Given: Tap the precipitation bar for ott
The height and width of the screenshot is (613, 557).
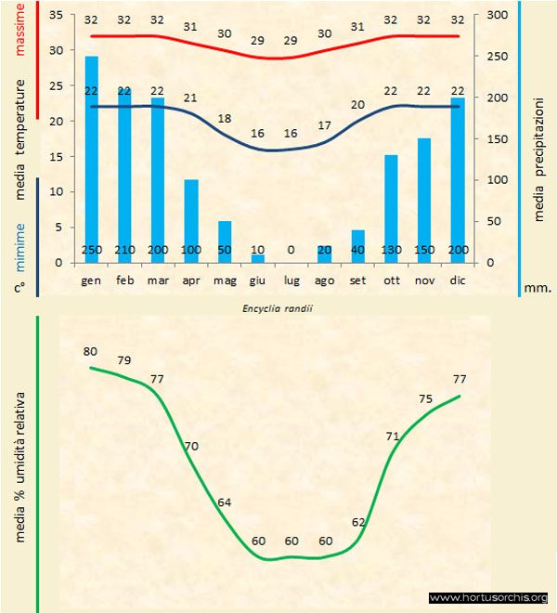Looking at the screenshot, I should pyautogui.click(x=391, y=208).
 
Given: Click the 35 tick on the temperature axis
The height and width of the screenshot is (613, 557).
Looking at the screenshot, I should pyautogui.click(x=55, y=16).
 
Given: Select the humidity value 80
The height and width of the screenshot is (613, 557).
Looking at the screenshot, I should pyautogui.click(x=90, y=351).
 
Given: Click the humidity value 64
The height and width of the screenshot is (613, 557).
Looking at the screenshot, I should pyautogui.click(x=224, y=502).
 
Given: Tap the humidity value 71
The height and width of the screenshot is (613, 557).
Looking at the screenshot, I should pyautogui.click(x=393, y=436).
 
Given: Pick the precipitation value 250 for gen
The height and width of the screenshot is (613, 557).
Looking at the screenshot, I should pyautogui.click(x=92, y=251).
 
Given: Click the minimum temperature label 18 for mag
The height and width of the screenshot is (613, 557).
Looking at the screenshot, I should pyautogui.click(x=225, y=119).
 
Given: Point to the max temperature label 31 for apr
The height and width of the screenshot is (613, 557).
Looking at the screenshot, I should pyautogui.click(x=191, y=27).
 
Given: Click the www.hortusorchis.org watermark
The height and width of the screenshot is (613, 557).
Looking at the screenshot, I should pyautogui.click(x=489, y=597).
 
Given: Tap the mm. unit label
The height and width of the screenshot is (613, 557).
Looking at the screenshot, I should pyautogui.click(x=538, y=288).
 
